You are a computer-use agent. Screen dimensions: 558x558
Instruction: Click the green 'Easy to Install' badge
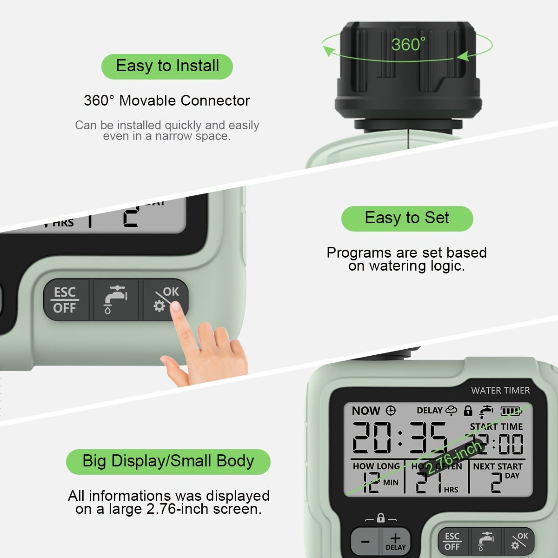click(167, 66)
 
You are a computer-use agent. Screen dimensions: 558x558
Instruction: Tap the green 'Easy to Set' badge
click(407, 218)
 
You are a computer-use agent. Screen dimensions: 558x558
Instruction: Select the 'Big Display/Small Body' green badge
click(168, 461)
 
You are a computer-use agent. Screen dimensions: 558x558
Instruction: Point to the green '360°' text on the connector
click(408, 45)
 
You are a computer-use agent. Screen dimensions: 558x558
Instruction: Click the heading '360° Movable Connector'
click(166, 100)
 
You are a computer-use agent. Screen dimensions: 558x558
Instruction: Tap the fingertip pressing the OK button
click(176, 307)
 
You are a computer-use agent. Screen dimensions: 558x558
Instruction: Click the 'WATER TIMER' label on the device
click(500, 391)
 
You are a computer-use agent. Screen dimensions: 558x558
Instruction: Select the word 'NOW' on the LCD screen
click(366, 411)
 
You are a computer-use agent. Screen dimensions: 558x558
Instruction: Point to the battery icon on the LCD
click(511, 411)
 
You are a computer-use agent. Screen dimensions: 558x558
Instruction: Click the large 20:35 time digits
click(399, 438)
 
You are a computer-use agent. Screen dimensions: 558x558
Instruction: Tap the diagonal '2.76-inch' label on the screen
click(453, 458)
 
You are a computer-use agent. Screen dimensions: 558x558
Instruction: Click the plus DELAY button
click(395, 541)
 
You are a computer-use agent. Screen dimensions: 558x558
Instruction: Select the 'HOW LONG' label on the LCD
click(376, 466)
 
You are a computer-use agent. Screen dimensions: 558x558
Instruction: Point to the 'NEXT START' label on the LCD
click(498, 466)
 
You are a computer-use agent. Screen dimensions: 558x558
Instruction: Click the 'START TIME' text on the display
click(496, 426)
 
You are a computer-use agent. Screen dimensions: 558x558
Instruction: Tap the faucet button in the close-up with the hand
click(116, 300)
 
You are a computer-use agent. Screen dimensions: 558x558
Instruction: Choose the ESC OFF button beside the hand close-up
click(65, 300)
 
